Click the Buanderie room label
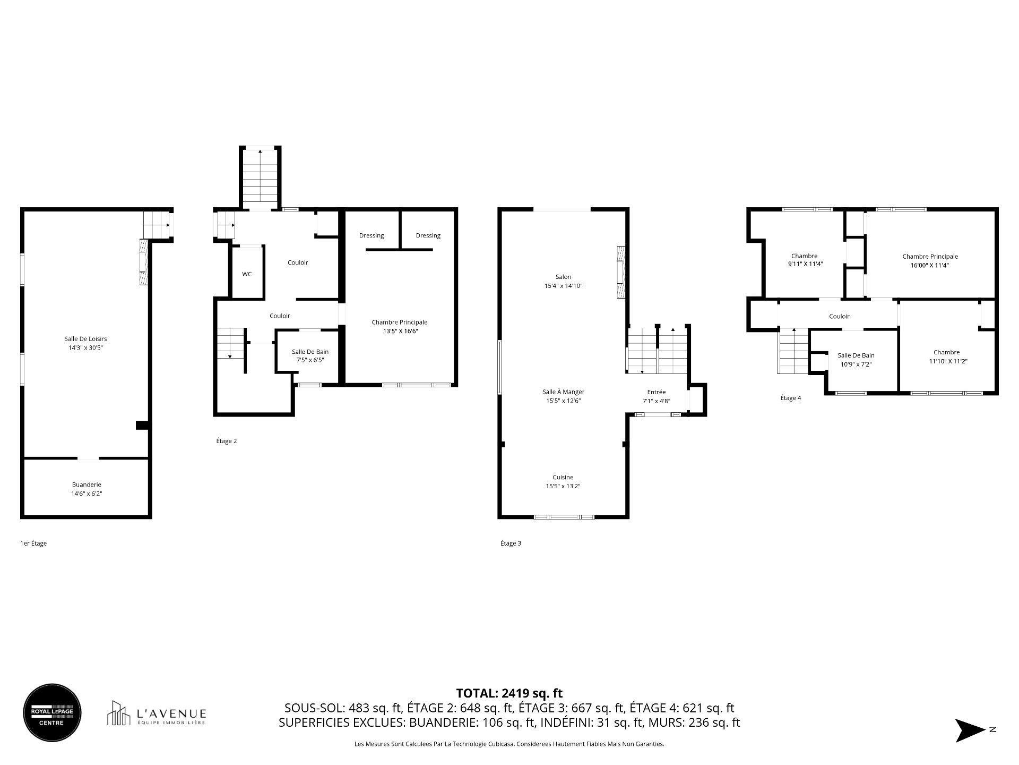[x=87, y=484]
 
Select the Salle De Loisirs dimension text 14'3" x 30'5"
[x=86, y=348]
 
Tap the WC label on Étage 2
[x=247, y=274]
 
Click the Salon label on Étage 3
[x=563, y=277]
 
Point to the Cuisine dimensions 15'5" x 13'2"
[x=563, y=486]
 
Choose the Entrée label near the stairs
[x=656, y=392]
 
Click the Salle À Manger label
[x=563, y=392]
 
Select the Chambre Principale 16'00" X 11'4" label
[x=929, y=261]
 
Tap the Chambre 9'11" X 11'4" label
[x=805, y=260]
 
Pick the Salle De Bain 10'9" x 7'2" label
[x=856, y=360]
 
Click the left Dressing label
[x=371, y=235]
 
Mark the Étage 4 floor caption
[x=790, y=398]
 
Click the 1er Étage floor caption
[x=33, y=543]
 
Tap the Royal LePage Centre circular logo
[x=52, y=712]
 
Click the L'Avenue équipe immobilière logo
[x=157, y=713]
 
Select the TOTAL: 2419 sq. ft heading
[x=509, y=693]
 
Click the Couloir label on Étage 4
[x=839, y=316]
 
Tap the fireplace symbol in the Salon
[x=620, y=274]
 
